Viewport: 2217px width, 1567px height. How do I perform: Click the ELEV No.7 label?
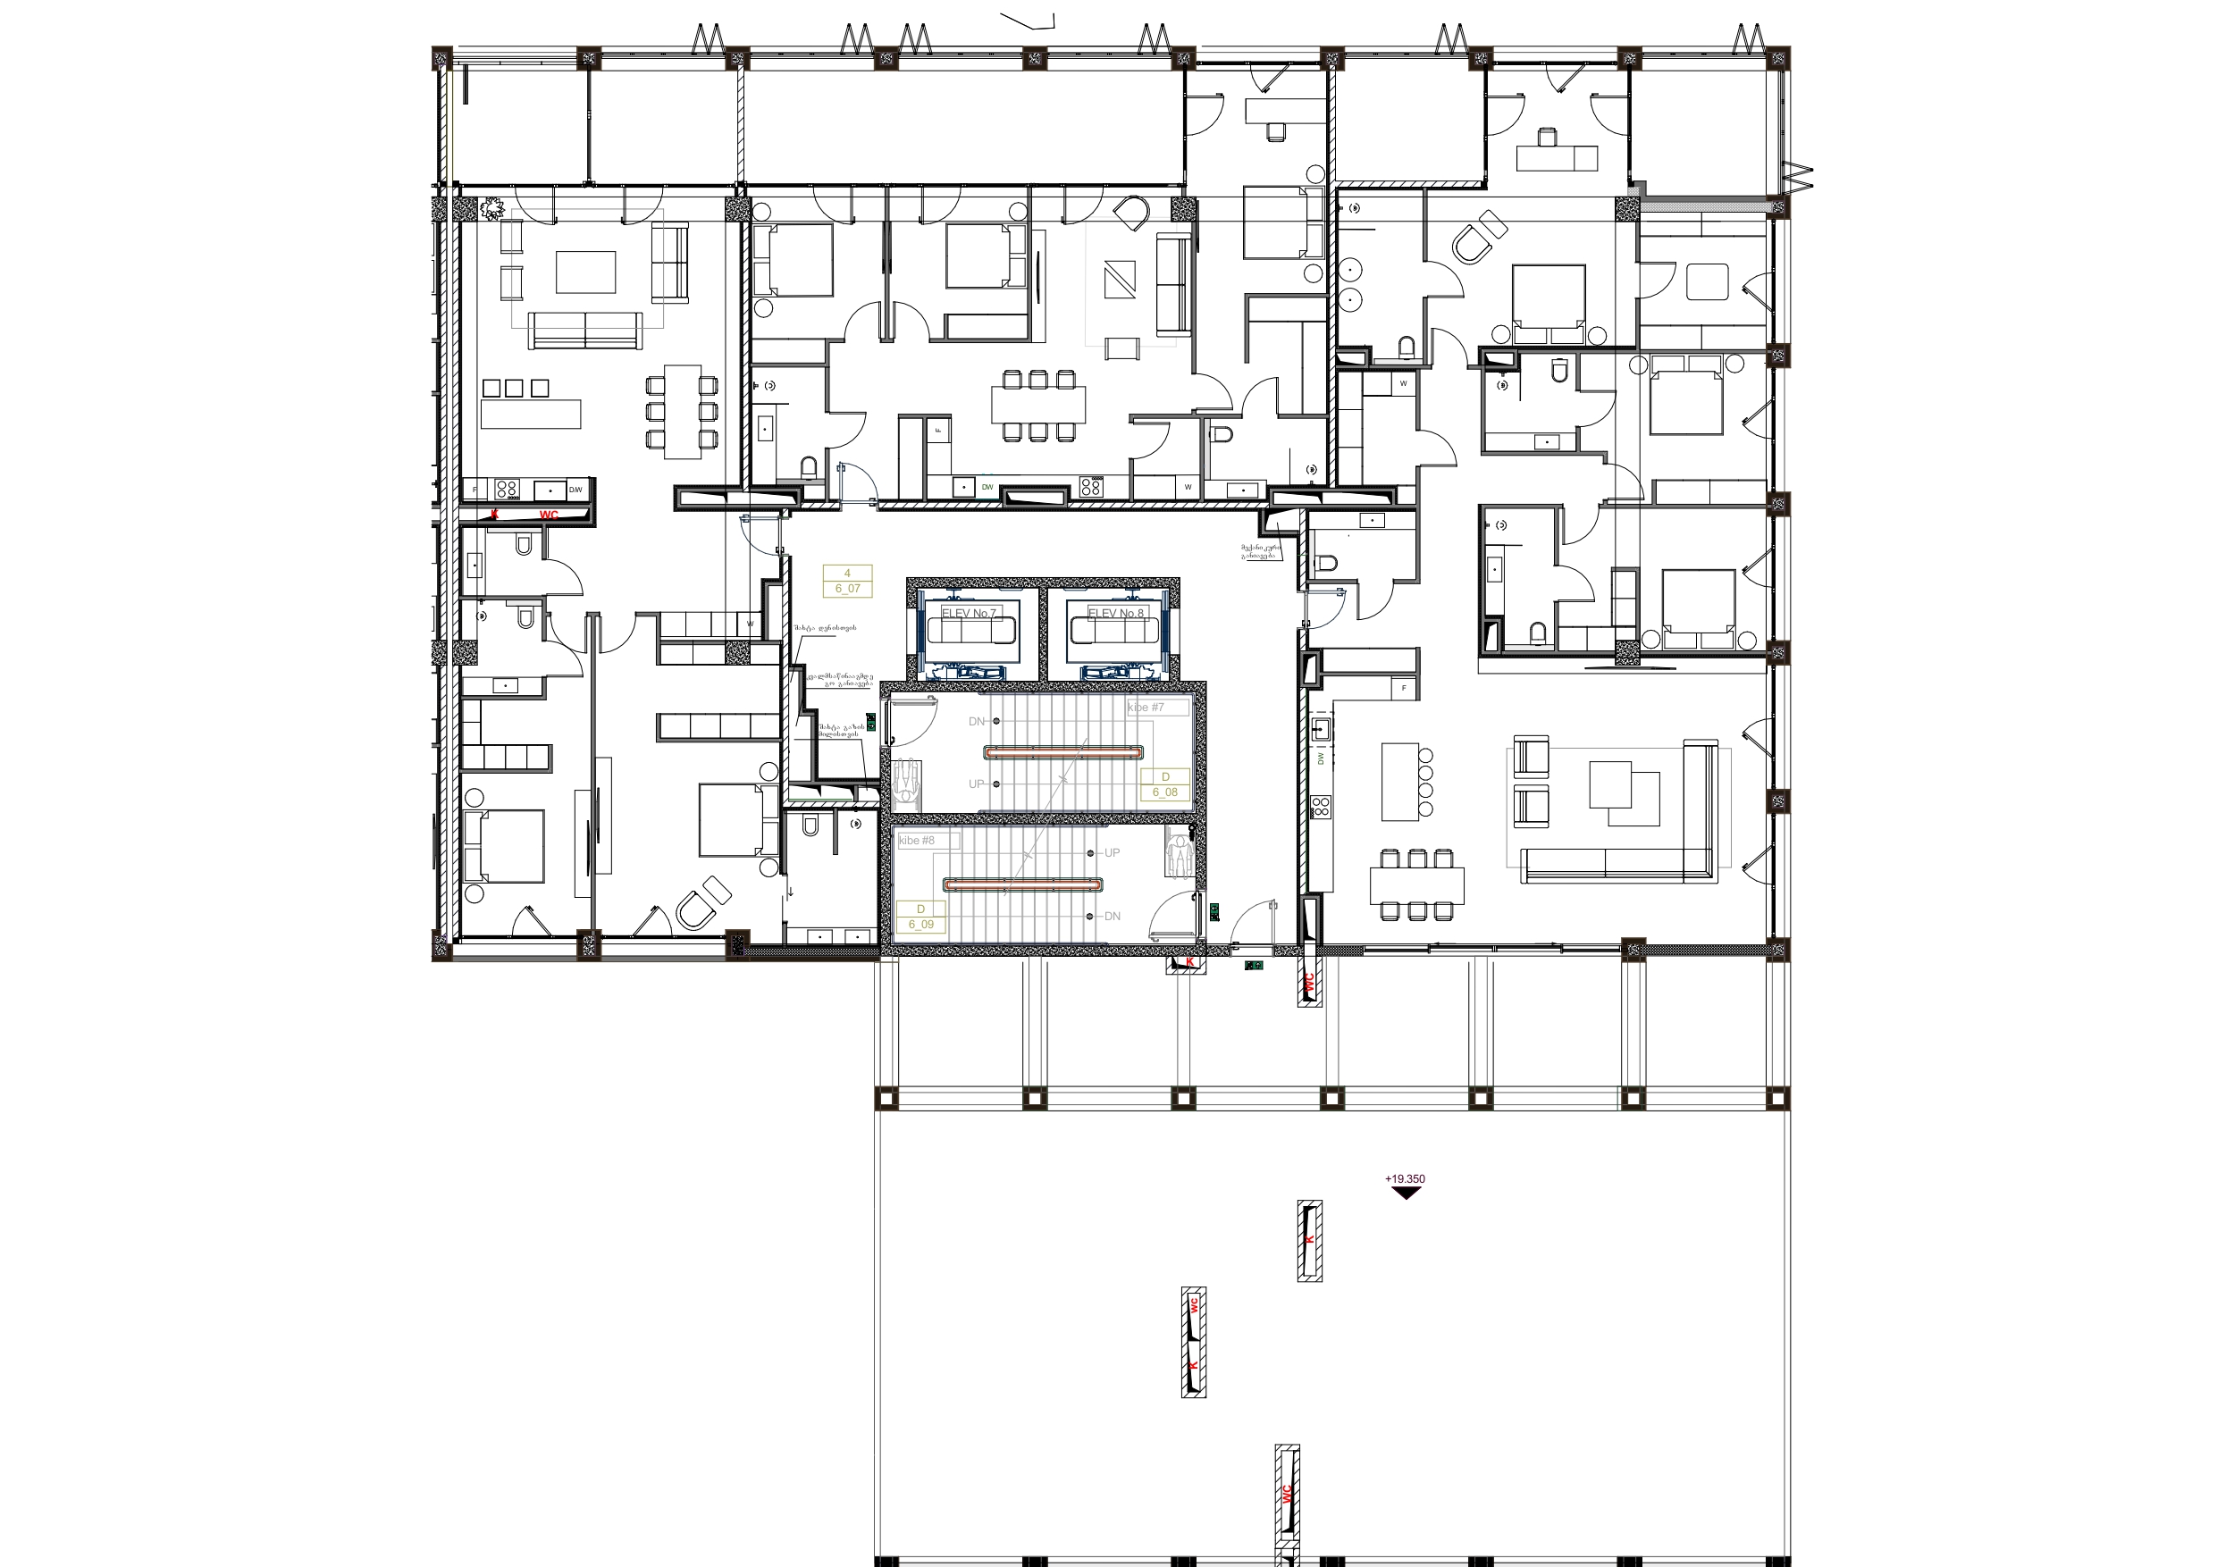(x=969, y=613)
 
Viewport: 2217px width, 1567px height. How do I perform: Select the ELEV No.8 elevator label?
(x=1115, y=613)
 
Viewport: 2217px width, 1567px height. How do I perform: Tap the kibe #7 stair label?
(x=1146, y=708)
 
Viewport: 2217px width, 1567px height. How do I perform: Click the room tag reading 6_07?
(x=847, y=588)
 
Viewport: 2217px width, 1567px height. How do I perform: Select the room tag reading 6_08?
(x=1164, y=792)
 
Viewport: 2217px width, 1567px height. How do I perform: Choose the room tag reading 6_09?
(x=920, y=924)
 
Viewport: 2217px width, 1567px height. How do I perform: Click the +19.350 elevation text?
(x=1404, y=1179)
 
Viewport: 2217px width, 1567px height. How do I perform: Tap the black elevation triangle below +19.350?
(x=1406, y=1193)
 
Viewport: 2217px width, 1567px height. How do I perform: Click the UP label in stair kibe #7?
(x=976, y=784)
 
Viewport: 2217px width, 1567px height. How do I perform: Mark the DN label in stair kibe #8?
(x=1113, y=917)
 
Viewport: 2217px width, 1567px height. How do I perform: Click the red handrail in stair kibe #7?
(x=1063, y=752)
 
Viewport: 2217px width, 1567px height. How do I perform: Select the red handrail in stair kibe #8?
(x=1021, y=884)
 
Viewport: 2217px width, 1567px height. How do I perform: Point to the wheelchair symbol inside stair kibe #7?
(x=907, y=777)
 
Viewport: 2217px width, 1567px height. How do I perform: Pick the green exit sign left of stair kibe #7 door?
(x=871, y=719)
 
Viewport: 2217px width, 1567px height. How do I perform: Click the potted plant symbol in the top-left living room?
(x=493, y=207)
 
